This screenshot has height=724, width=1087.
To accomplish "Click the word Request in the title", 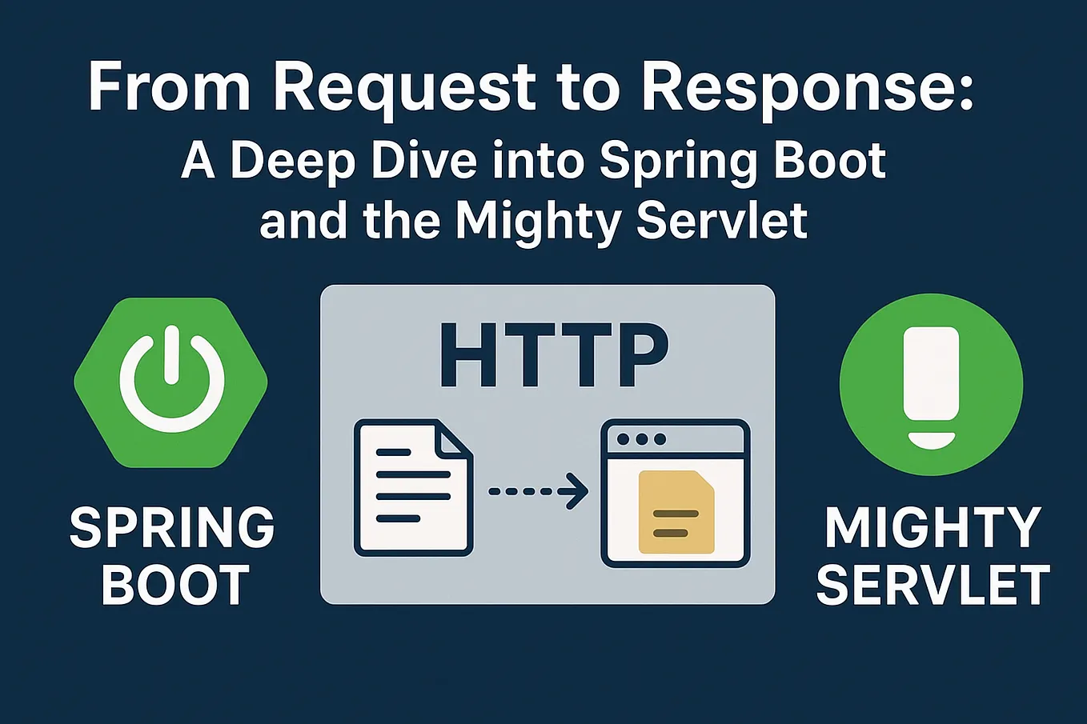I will (x=403, y=88).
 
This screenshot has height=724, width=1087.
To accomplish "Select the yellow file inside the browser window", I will (x=676, y=512).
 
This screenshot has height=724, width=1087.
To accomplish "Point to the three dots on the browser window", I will (x=641, y=439).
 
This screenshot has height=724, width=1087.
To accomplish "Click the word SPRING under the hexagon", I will (x=172, y=528).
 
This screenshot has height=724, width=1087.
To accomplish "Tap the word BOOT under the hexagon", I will (x=175, y=585).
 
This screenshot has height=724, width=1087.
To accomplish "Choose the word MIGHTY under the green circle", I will (x=933, y=528).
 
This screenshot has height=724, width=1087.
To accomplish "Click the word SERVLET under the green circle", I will (x=933, y=585).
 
